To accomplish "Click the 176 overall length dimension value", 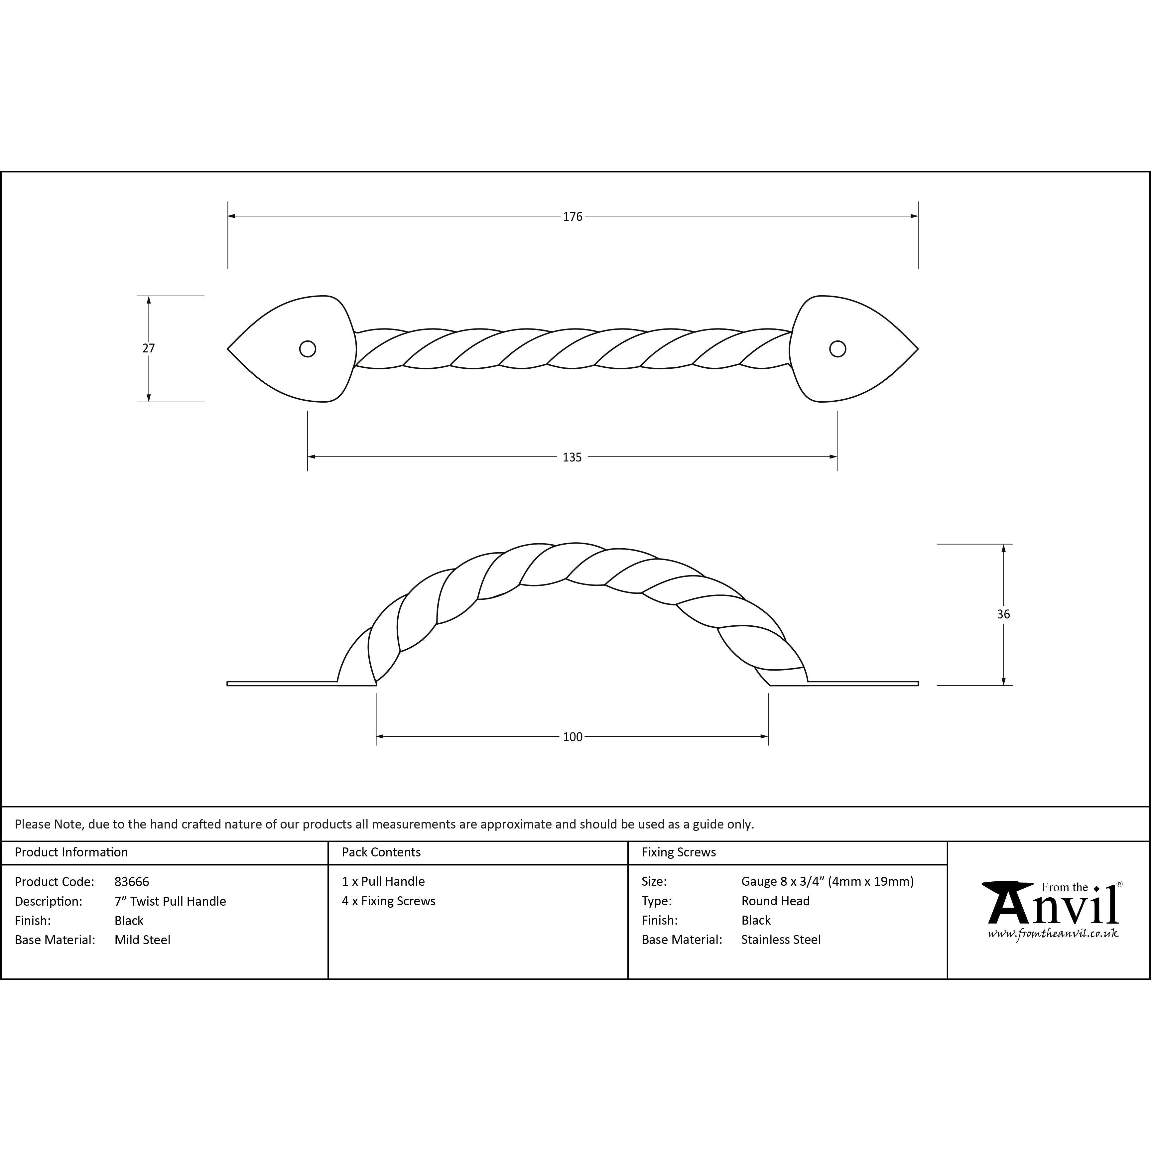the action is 573,217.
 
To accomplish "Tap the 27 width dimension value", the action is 148,348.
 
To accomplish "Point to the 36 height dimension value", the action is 1003,614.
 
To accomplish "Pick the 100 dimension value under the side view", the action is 573,737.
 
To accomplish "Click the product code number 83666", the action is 132,882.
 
